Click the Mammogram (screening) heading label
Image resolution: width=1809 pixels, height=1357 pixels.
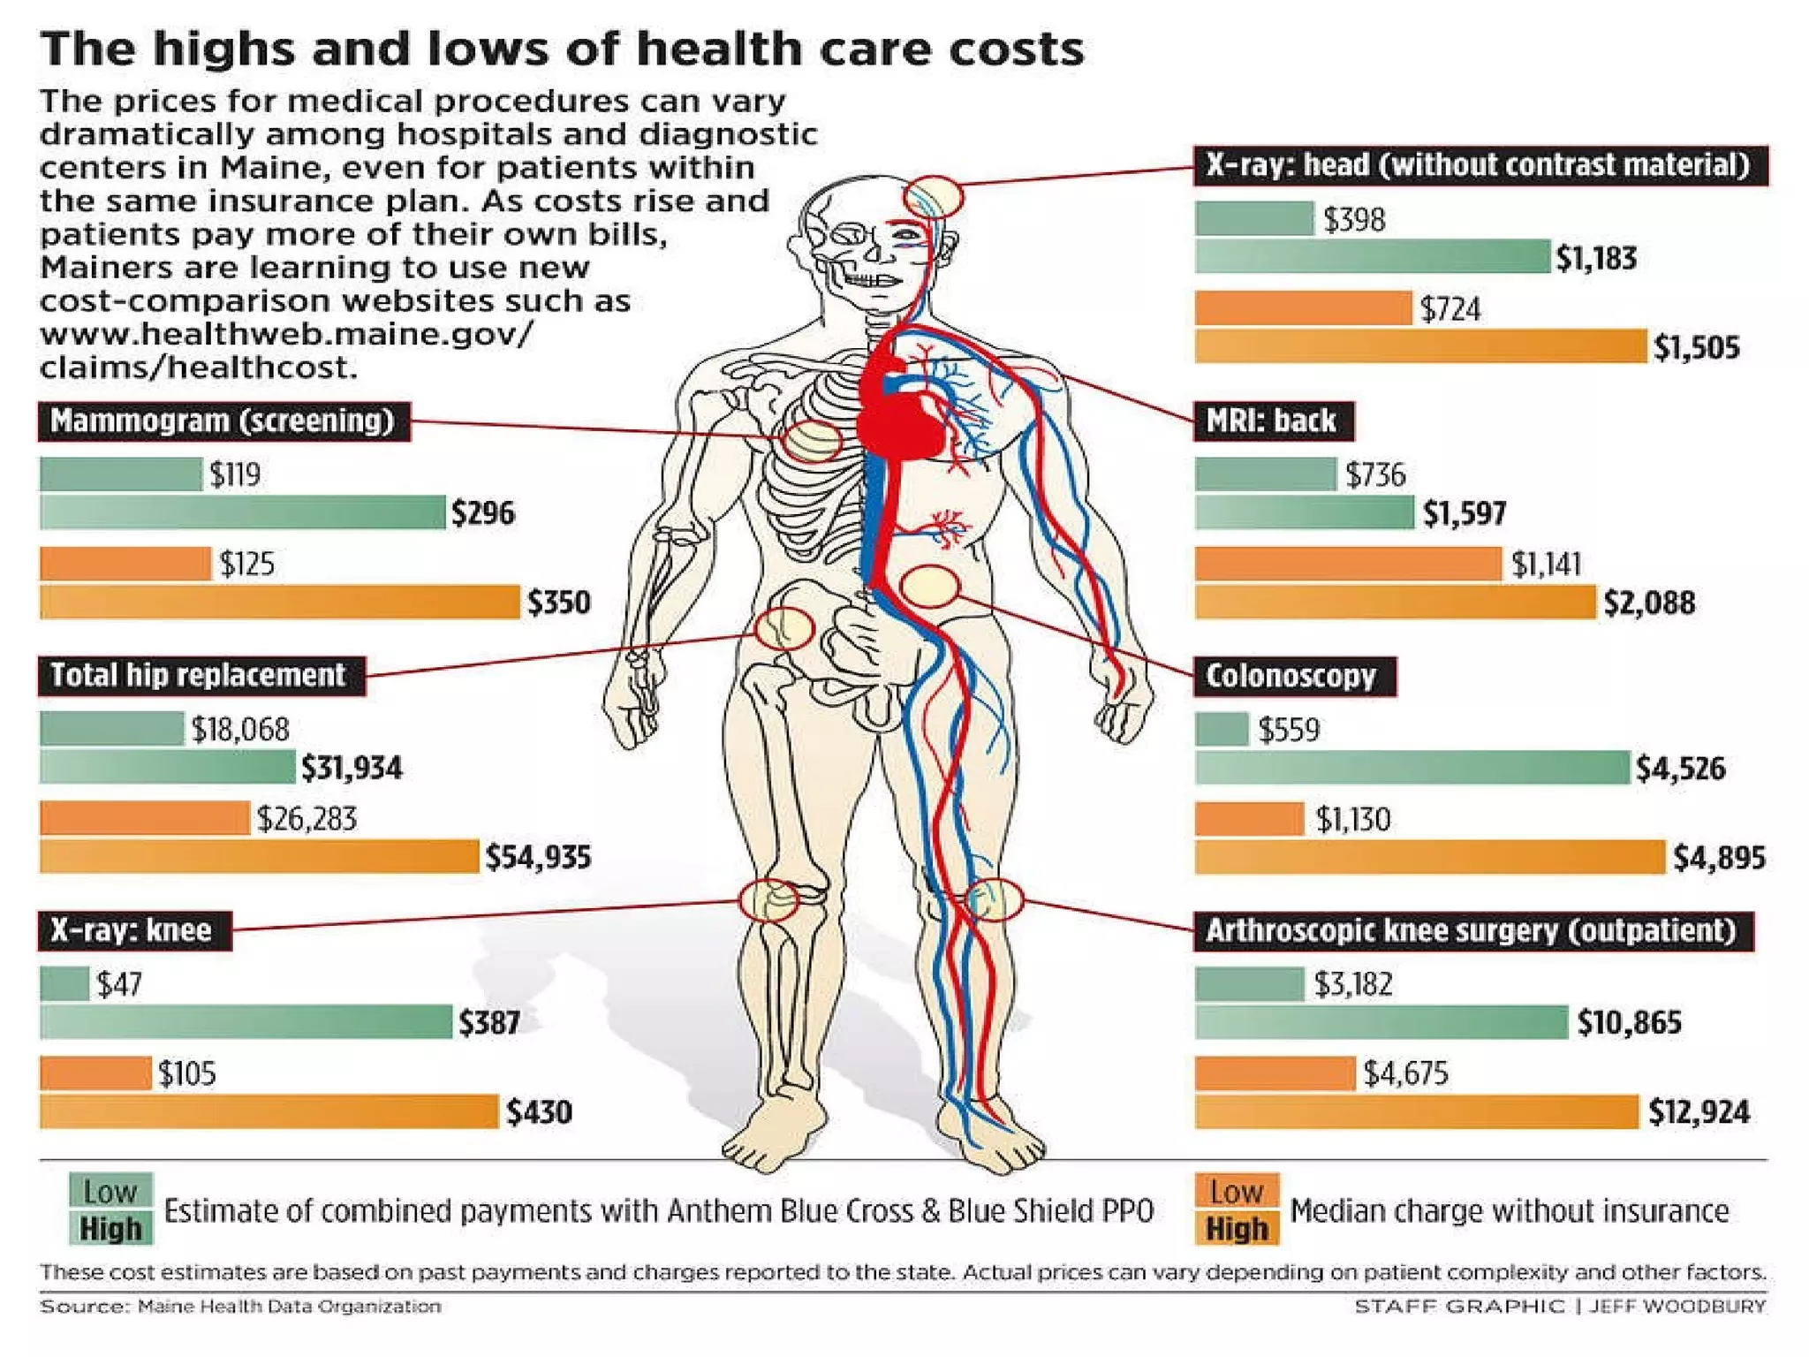click(x=223, y=421)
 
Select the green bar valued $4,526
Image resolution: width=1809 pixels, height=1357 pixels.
click(x=1411, y=768)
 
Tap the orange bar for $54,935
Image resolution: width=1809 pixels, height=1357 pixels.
click(x=259, y=856)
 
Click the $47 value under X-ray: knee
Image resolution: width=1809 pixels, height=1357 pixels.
click(x=119, y=984)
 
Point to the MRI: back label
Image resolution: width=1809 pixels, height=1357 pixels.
click(x=1272, y=421)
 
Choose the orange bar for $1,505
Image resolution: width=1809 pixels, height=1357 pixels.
click(x=1420, y=346)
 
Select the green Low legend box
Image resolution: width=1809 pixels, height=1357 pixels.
click(x=111, y=1191)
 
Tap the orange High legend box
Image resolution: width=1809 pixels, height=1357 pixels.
click(x=1236, y=1228)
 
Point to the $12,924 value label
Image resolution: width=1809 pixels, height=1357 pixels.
click(x=1699, y=1111)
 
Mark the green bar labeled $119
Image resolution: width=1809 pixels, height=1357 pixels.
click(x=120, y=474)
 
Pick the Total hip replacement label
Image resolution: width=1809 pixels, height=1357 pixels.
click(x=200, y=676)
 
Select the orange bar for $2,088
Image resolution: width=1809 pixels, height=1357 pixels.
click(x=1395, y=602)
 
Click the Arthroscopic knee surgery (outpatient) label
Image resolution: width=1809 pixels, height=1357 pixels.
click(x=1472, y=930)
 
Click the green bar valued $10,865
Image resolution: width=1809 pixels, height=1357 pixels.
click(x=1381, y=1022)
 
